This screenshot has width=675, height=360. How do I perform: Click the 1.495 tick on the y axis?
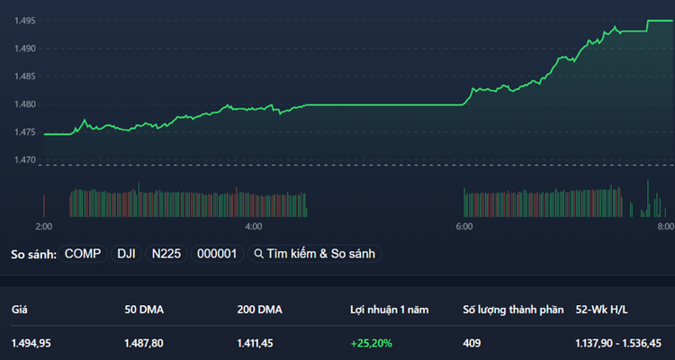pyautogui.click(x=24, y=21)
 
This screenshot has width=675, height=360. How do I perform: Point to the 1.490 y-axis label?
pyautogui.click(x=24, y=49)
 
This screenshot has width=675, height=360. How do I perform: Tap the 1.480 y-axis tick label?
pyautogui.click(x=24, y=104)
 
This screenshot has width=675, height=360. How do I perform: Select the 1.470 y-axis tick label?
pyautogui.click(x=24, y=160)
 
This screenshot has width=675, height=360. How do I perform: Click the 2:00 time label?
pyautogui.click(x=43, y=227)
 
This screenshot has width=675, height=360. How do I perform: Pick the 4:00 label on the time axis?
pyautogui.click(x=253, y=227)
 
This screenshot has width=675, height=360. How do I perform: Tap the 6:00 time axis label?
pyautogui.click(x=464, y=227)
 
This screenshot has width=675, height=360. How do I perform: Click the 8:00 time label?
pyautogui.click(x=665, y=227)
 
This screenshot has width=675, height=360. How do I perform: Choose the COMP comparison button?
pyautogui.click(x=83, y=254)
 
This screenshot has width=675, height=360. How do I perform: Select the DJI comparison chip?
pyautogui.click(x=127, y=254)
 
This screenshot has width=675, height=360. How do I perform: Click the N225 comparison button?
pyautogui.click(x=166, y=254)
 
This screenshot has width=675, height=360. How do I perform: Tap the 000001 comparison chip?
pyautogui.click(x=217, y=254)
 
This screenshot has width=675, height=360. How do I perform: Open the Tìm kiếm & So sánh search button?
pyautogui.click(x=315, y=254)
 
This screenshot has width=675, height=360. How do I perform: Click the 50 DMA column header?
pyautogui.click(x=144, y=310)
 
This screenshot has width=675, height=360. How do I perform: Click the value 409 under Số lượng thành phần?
pyautogui.click(x=472, y=343)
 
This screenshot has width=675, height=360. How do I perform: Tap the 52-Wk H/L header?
pyautogui.click(x=600, y=310)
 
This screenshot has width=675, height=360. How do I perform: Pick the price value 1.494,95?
pyautogui.click(x=32, y=343)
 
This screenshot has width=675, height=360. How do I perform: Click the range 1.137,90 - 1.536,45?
pyautogui.click(x=618, y=343)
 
